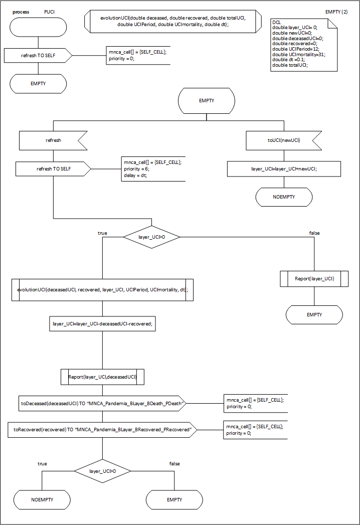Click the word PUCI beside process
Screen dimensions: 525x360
click(x=50, y=12)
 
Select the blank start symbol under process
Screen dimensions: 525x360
click(x=38, y=27)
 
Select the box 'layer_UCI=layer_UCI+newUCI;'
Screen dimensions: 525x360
click(x=284, y=169)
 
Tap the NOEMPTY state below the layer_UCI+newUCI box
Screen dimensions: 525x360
click(x=284, y=197)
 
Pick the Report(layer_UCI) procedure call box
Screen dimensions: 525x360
click(x=314, y=278)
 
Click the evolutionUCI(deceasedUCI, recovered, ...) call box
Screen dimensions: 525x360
click(x=102, y=290)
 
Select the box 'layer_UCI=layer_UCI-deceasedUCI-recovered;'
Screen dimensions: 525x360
click(x=102, y=324)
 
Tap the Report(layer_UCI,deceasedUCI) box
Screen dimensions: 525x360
click(x=102, y=376)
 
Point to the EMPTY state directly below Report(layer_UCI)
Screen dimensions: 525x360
click(x=314, y=315)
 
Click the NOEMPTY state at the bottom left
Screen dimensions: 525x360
click(x=42, y=500)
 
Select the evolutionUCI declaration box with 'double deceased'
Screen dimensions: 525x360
click(x=172, y=21)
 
